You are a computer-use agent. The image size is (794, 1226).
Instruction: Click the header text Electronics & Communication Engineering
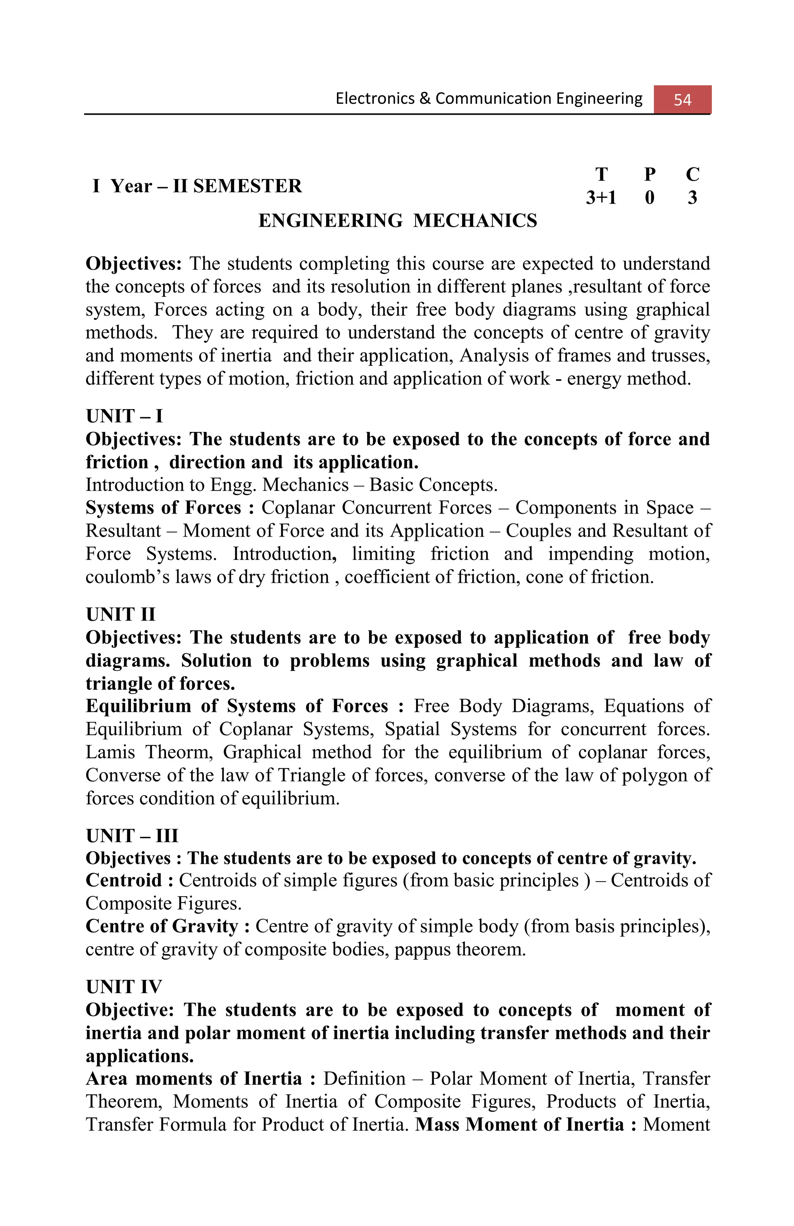488,98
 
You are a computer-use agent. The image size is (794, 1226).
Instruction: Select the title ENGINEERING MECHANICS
397,220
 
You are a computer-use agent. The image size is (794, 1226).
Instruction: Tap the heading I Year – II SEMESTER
197,186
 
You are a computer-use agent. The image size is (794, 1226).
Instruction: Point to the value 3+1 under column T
601,197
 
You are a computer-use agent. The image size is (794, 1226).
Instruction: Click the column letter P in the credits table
650,175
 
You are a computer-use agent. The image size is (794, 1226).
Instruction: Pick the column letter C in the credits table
692,175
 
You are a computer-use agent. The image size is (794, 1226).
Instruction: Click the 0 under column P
649,197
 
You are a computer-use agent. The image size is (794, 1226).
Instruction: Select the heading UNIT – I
124,416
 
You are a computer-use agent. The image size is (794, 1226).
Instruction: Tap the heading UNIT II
121,614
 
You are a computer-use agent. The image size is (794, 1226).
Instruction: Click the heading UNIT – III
132,835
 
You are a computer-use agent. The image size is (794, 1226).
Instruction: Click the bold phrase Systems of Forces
163,508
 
